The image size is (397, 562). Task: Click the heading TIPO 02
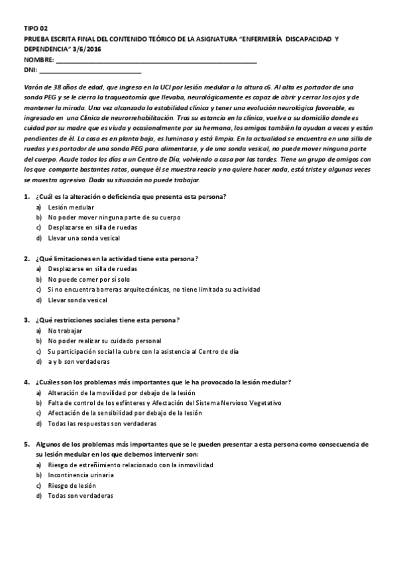pyautogui.click(x=36, y=30)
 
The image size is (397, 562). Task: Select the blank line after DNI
pyautogui.click(x=90, y=70)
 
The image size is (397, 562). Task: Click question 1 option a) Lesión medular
pyautogui.click(x=71, y=207)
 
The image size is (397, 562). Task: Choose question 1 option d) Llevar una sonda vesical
pyautogui.click(x=84, y=237)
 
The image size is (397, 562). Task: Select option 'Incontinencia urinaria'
pyautogui.click(x=81, y=475)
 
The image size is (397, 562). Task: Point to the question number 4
pyautogui.click(x=26, y=382)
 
